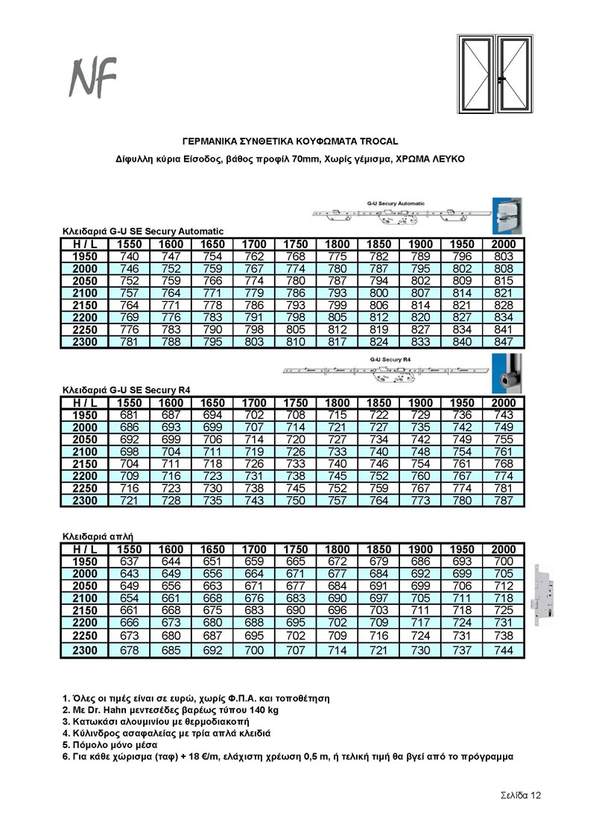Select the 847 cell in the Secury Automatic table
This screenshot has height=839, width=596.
click(x=504, y=342)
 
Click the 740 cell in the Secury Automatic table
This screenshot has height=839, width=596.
click(x=130, y=256)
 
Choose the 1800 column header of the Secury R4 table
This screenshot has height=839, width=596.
click(x=337, y=403)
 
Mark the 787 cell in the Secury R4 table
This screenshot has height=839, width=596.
click(x=504, y=501)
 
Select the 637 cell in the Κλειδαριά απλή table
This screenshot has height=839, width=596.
click(x=130, y=561)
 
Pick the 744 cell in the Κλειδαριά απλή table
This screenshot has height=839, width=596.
click(x=504, y=650)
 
